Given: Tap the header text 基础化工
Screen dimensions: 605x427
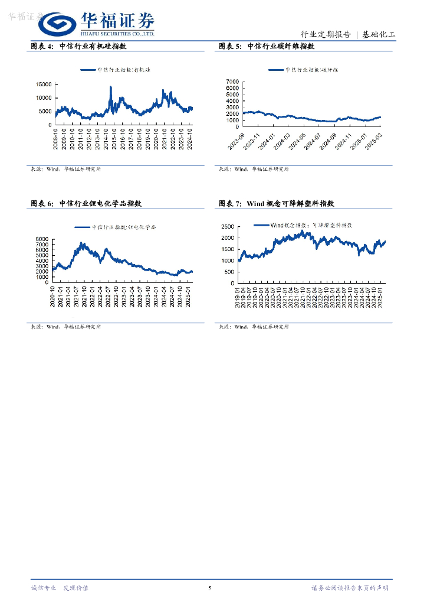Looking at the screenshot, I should [x=379, y=34].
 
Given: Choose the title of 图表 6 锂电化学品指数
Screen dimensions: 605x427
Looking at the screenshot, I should [x=86, y=203].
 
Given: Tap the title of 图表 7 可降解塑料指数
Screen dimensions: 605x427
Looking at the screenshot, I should [x=277, y=203].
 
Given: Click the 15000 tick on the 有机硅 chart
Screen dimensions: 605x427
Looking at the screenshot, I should [x=44, y=84].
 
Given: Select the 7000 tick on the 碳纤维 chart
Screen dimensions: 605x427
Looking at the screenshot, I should [x=232, y=81].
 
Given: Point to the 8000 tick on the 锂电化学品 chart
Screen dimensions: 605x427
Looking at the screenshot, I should [x=41, y=239].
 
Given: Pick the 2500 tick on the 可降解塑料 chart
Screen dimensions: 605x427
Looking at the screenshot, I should [x=227, y=226].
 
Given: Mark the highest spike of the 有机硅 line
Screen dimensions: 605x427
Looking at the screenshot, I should [x=110, y=87].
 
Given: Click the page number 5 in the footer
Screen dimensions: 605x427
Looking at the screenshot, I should [x=209, y=588].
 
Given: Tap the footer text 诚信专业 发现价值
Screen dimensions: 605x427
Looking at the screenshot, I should [x=60, y=588].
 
